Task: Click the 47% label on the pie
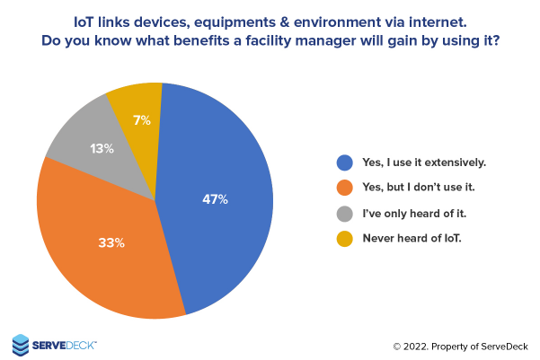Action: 215,199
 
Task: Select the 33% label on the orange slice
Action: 111,242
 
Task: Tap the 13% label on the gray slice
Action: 102,149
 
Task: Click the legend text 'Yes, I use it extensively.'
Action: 423,162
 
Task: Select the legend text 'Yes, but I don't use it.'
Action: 419,189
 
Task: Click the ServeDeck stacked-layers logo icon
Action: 22,344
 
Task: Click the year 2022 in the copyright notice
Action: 419,346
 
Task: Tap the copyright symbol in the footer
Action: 397,346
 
